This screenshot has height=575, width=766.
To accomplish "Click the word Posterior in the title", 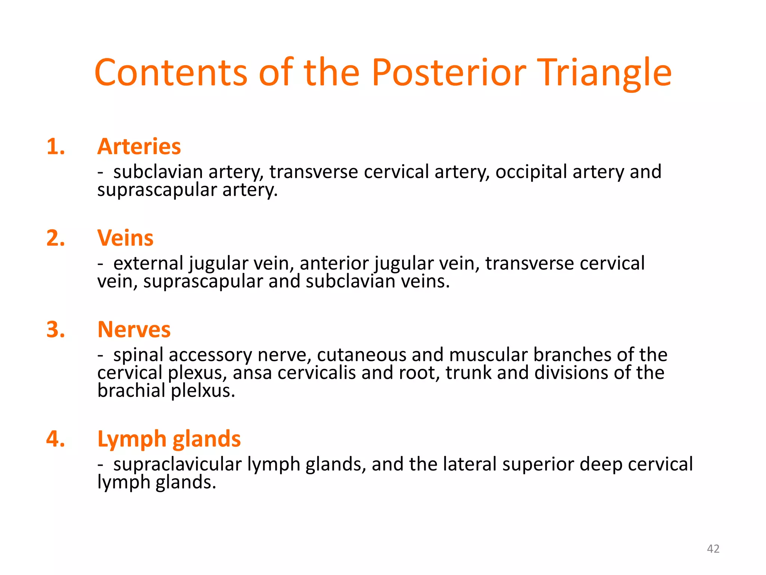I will tap(449, 73).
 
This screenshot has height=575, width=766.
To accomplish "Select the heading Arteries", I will tap(139, 146).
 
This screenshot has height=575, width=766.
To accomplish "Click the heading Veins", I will tap(125, 238).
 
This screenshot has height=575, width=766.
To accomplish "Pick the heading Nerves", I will tap(134, 330).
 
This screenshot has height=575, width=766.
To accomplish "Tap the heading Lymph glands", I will tap(169, 439).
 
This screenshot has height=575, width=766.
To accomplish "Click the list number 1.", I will tap(56, 146).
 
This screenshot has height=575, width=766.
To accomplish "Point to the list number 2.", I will tap(56, 238).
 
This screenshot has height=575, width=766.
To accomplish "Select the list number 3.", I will tap(56, 330).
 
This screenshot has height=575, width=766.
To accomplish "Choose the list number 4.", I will tap(56, 439).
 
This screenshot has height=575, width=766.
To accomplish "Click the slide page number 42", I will tap(713, 549).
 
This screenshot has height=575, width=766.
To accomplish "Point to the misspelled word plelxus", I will tap(203, 391).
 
